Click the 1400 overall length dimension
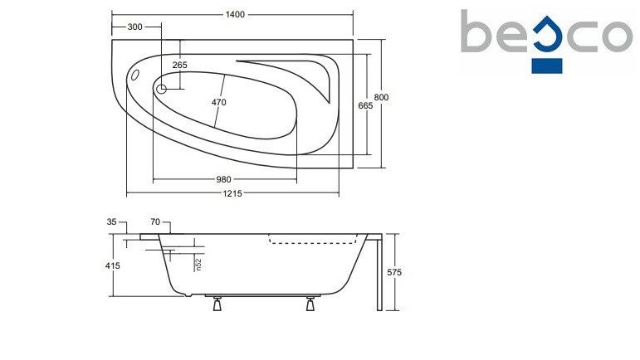click(235, 15)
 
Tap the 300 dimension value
click(135, 27)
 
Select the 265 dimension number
click(179, 65)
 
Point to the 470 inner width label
click(219, 102)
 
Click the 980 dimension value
click(223, 179)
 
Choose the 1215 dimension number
click(232, 193)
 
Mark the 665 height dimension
click(365, 105)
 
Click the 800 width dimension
click(381, 97)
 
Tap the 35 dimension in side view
click(111, 221)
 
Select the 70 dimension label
click(155, 221)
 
